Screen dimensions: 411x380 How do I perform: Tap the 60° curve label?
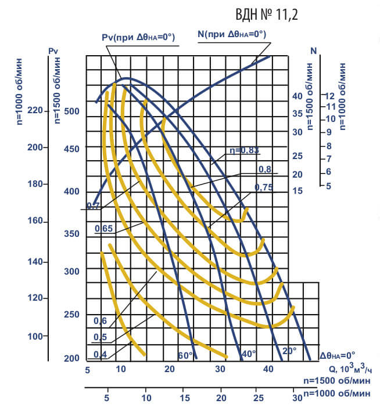coord(184,355)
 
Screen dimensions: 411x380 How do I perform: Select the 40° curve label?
coord(249,353)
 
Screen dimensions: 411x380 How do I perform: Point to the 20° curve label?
coord(289,351)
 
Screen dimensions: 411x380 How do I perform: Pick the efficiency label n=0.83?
coord(243,150)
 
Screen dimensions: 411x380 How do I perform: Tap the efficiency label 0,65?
coord(103,229)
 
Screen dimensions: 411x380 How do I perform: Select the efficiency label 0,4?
coord(100,355)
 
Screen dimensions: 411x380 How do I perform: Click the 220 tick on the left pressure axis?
coord(36,111)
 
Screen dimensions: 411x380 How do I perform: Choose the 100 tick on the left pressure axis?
coord(36,337)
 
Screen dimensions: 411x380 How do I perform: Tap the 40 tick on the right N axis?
coord(297,96)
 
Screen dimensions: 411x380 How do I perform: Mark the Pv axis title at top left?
coord(53,51)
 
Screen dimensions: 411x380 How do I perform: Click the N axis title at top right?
coord(314,51)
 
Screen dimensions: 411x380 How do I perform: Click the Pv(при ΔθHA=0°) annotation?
coord(138,38)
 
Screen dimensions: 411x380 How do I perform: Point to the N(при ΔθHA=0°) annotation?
coord(232,34)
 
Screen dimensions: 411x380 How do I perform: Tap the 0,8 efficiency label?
coord(265,169)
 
